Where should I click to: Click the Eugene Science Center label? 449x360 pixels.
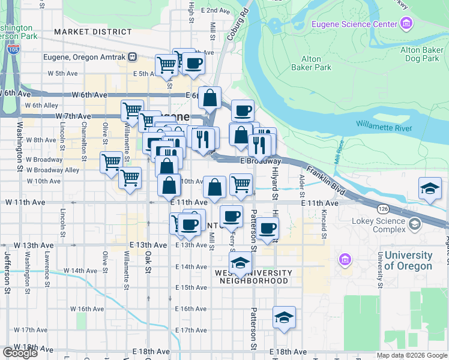354,24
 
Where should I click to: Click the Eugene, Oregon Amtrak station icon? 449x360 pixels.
133,57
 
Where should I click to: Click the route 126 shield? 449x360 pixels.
383,209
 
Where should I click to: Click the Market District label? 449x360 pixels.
92,31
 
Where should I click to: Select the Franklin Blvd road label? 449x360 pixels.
325,179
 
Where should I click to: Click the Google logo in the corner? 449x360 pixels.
20,353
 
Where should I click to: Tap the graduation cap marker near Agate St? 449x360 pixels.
430,189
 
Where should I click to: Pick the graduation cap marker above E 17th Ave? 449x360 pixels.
284,318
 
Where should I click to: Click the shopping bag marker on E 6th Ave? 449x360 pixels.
210,98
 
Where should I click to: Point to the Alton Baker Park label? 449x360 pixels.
316,63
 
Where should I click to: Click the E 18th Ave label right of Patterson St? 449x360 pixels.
288,352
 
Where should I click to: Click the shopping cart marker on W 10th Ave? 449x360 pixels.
130,178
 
